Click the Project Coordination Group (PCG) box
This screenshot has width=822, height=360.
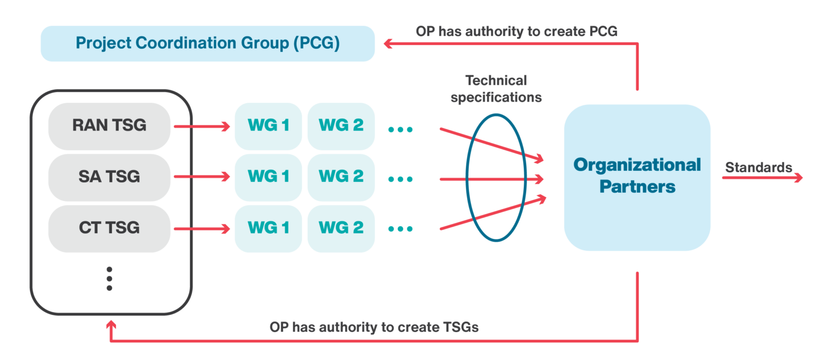point(208,43)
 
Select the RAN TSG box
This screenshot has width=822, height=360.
point(109,126)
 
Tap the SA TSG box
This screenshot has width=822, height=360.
point(109,177)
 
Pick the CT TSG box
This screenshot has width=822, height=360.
point(109,228)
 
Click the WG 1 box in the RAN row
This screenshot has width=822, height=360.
point(268,126)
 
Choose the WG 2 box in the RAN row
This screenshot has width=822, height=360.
point(341,126)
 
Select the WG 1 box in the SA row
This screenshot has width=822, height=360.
point(268,177)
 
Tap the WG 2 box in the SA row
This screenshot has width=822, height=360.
point(341,177)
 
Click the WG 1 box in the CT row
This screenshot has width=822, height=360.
point(268,228)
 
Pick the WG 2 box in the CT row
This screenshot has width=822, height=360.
point(341,228)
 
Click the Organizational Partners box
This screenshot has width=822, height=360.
point(637,177)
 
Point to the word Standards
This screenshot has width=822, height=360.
point(758,167)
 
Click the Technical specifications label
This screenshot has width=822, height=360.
point(496,89)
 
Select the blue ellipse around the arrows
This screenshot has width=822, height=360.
point(467,177)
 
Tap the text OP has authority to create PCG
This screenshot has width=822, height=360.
point(516,32)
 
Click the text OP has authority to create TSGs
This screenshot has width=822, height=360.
point(374,327)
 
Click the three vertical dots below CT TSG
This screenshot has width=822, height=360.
point(109,278)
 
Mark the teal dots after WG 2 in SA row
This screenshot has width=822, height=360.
point(400,179)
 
